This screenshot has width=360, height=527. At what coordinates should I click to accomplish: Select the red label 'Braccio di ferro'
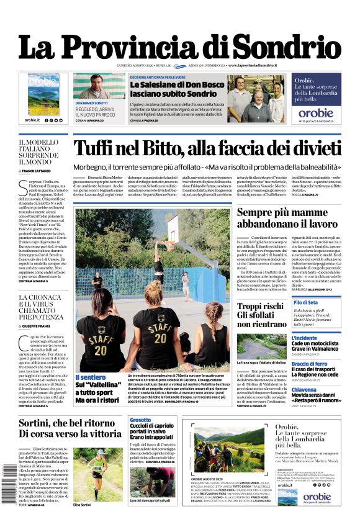point(309,364)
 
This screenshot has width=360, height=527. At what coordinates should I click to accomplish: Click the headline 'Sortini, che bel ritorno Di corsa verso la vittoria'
point(70,428)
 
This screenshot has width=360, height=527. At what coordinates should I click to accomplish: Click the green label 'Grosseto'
point(141,420)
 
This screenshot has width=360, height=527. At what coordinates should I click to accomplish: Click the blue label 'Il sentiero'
point(91,377)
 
